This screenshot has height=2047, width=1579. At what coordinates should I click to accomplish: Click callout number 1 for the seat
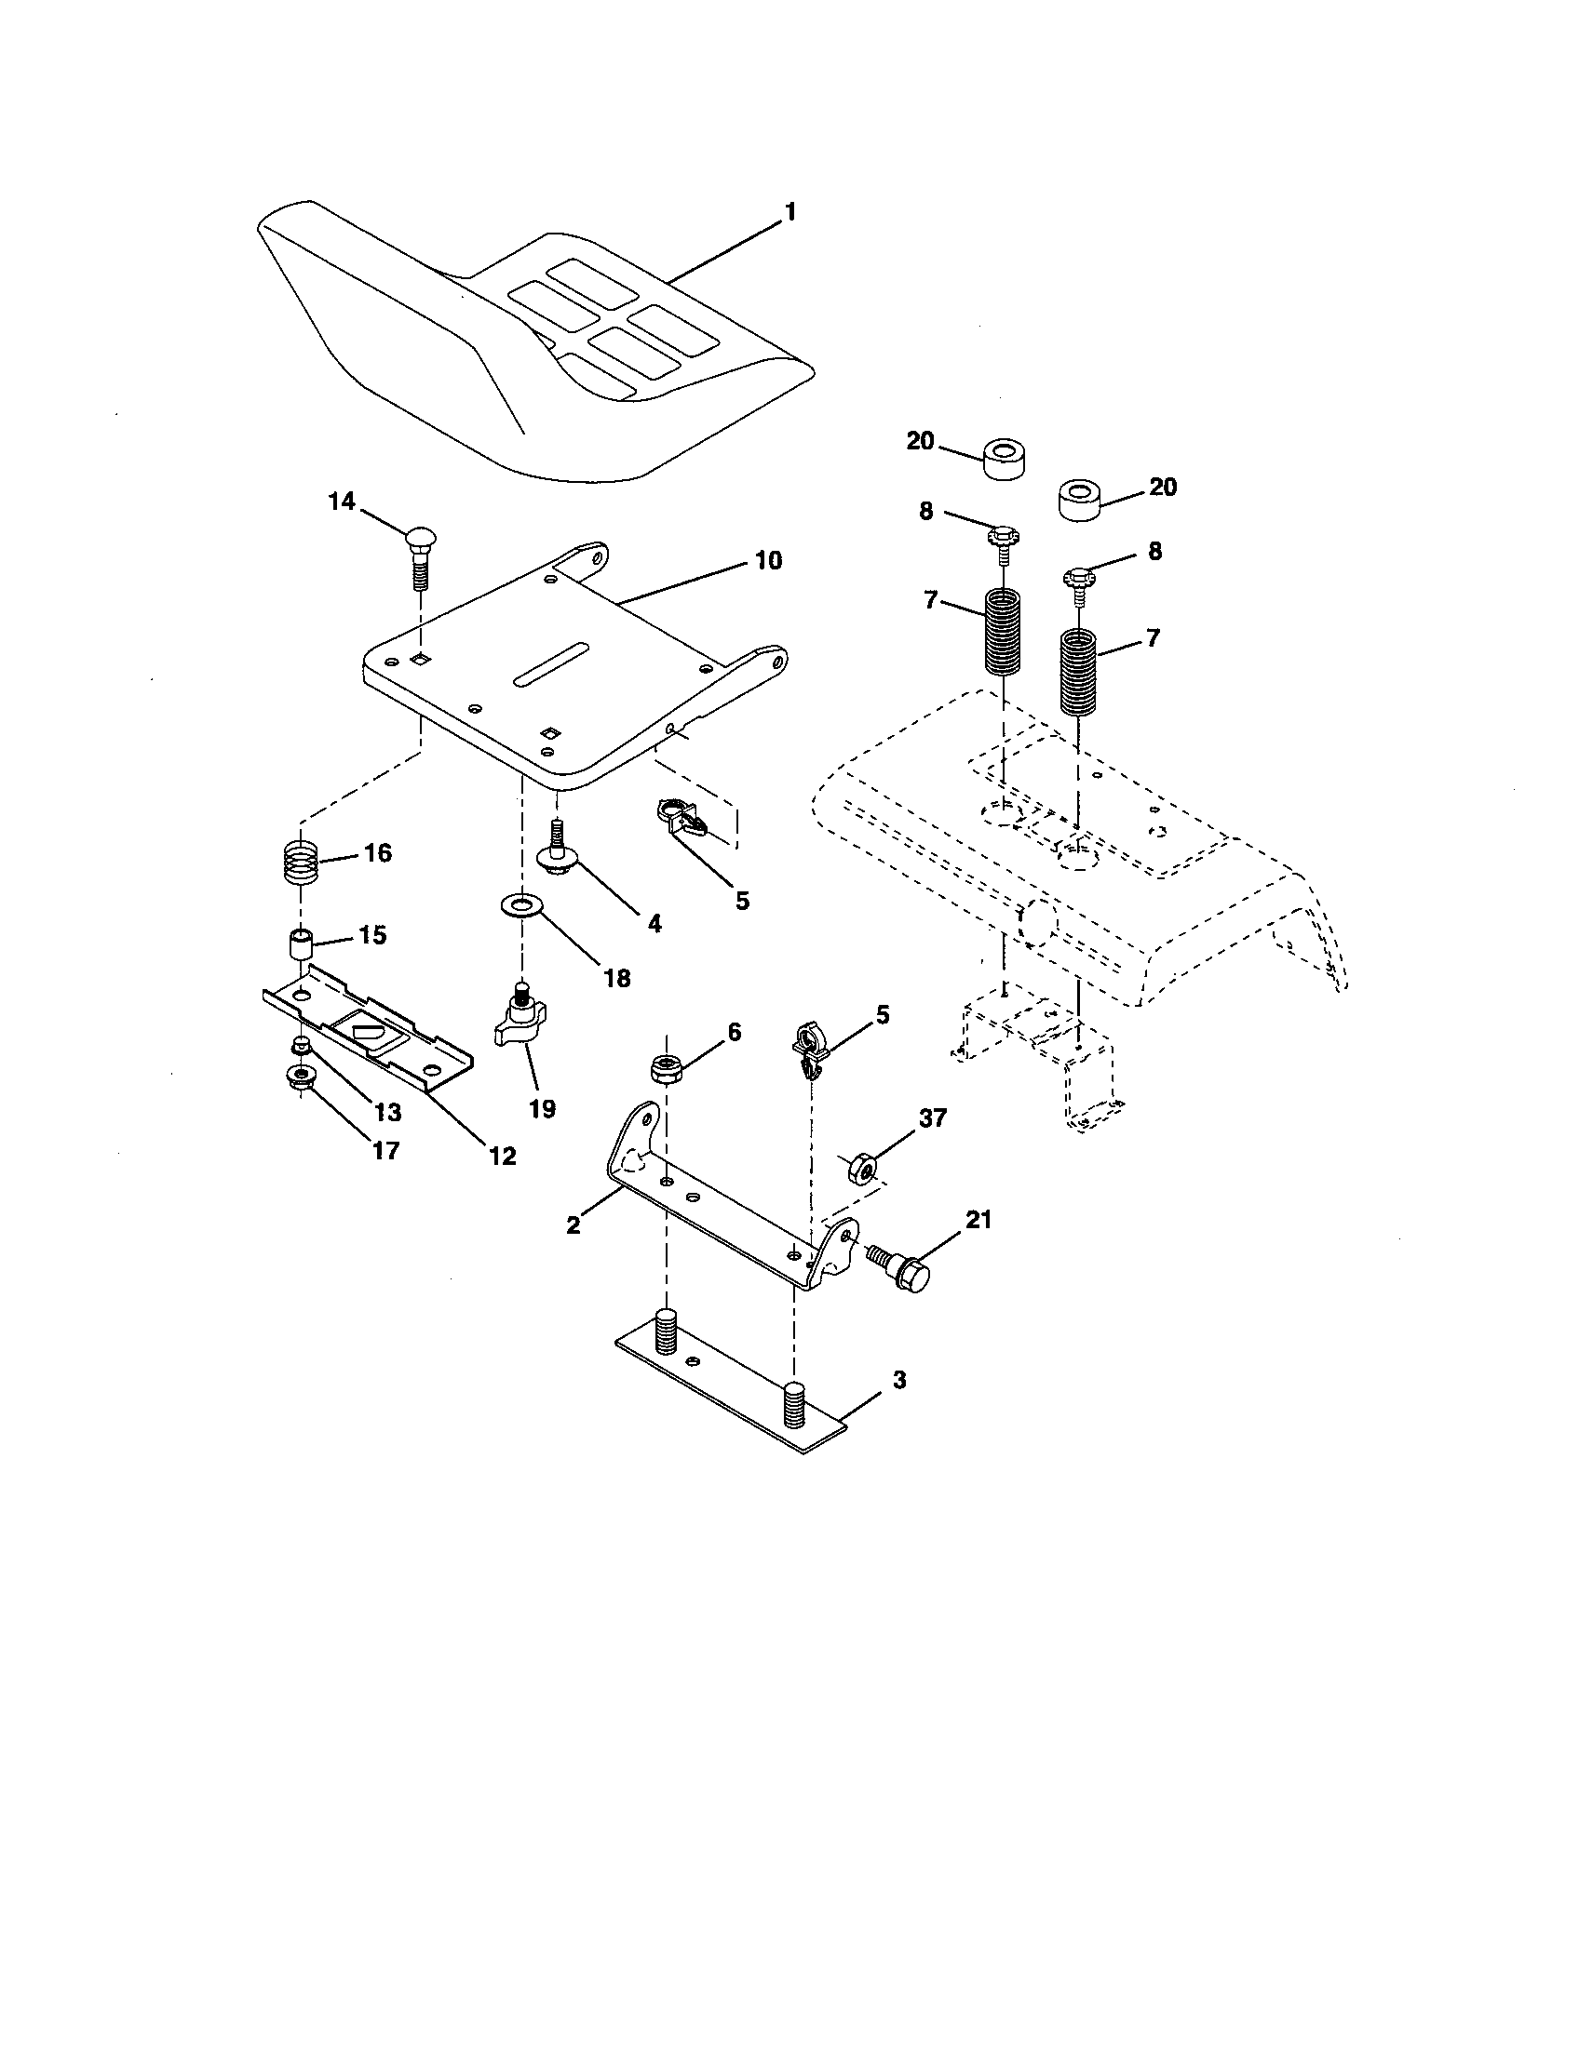(789, 213)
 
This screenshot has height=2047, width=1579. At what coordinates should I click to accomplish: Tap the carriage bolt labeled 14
(419, 555)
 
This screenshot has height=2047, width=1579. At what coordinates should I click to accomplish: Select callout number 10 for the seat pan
(767, 561)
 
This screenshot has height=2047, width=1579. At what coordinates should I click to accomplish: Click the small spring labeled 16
(301, 861)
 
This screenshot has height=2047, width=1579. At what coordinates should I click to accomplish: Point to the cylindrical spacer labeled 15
(300, 943)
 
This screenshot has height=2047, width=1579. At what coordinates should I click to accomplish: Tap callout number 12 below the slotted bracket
(503, 1156)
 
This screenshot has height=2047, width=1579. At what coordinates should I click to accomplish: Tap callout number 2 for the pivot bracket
(574, 1224)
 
